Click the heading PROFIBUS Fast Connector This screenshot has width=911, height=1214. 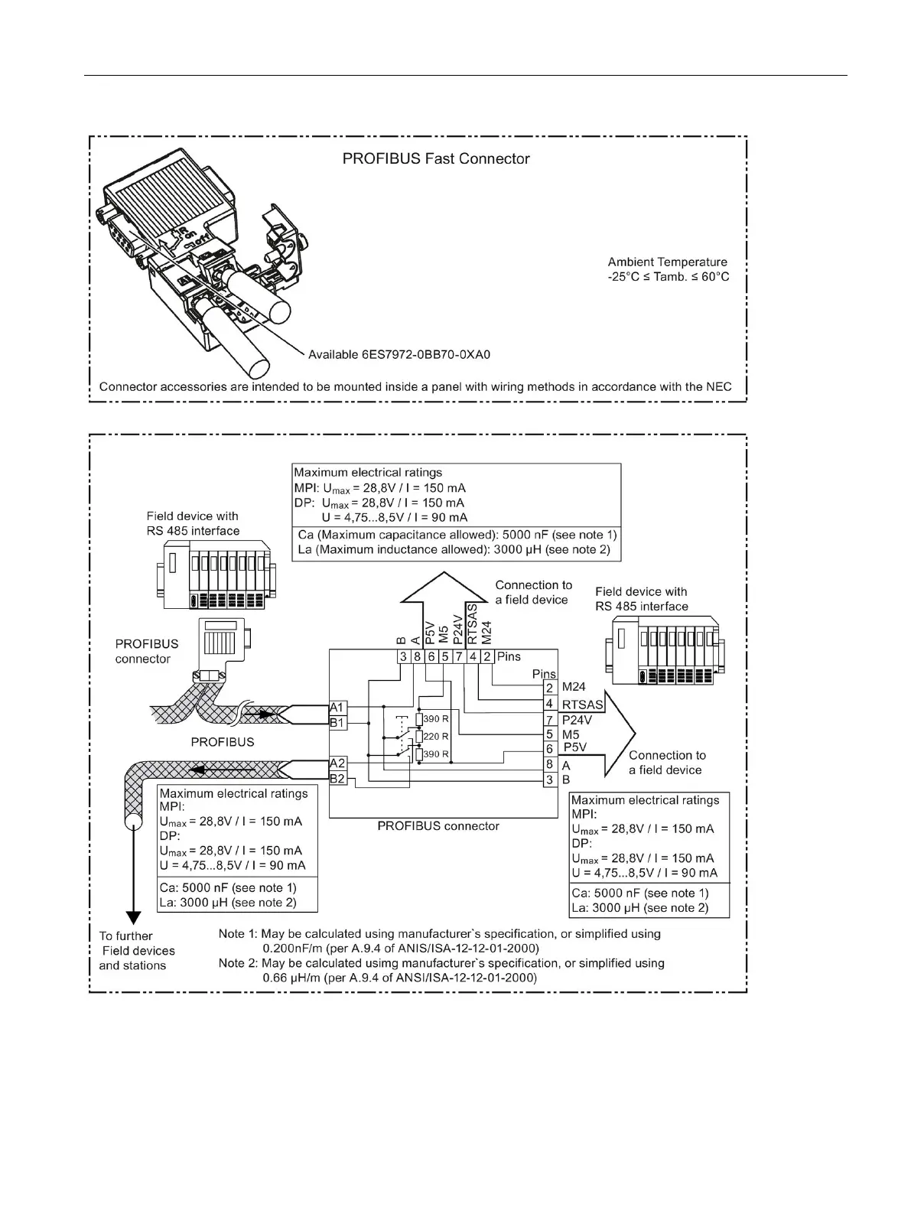click(435, 159)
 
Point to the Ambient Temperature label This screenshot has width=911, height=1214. click(667, 262)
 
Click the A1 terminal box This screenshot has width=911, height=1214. click(337, 708)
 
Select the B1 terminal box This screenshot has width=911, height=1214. click(337, 722)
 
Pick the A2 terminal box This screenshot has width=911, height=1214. click(337, 763)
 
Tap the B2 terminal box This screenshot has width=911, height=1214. click(337, 779)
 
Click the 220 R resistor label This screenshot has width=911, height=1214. click(435, 737)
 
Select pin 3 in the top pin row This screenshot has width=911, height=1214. click(402, 656)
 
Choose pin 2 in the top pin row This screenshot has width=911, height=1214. click(486, 656)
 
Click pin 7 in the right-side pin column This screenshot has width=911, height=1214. click(549, 720)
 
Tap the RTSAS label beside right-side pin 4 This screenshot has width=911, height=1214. click(582, 704)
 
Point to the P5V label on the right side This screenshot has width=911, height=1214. click(574, 747)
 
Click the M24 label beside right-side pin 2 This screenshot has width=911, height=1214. click(574, 688)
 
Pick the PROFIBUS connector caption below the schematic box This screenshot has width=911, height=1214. click(438, 826)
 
